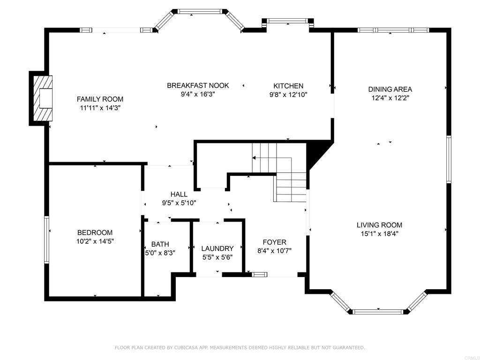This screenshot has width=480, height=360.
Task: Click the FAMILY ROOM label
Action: [100, 99]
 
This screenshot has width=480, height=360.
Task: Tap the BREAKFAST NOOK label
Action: [198, 85]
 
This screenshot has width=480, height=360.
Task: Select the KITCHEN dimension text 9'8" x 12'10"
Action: [288, 95]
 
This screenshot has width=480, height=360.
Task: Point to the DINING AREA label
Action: [390, 90]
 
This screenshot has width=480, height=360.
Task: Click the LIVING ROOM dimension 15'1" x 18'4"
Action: [379, 234]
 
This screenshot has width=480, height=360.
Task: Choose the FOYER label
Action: [274, 242]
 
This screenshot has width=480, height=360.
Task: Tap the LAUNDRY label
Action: [217, 248]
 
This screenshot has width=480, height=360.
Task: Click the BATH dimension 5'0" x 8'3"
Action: [160, 253]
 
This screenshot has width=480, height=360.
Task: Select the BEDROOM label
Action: [95, 232]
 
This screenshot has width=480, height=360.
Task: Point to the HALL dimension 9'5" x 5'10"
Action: [179, 202]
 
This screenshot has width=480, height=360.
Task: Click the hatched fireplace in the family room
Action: [43, 98]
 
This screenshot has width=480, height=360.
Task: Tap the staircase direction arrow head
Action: [254, 158]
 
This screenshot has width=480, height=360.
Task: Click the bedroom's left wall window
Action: [47, 240]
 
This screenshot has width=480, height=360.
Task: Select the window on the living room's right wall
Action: [449, 159]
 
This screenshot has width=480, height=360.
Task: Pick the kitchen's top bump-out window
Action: [287, 21]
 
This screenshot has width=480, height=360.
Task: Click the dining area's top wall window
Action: [393, 30]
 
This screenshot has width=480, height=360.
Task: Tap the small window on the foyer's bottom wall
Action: [259, 275]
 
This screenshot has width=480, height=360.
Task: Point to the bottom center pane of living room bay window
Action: [378, 312]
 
